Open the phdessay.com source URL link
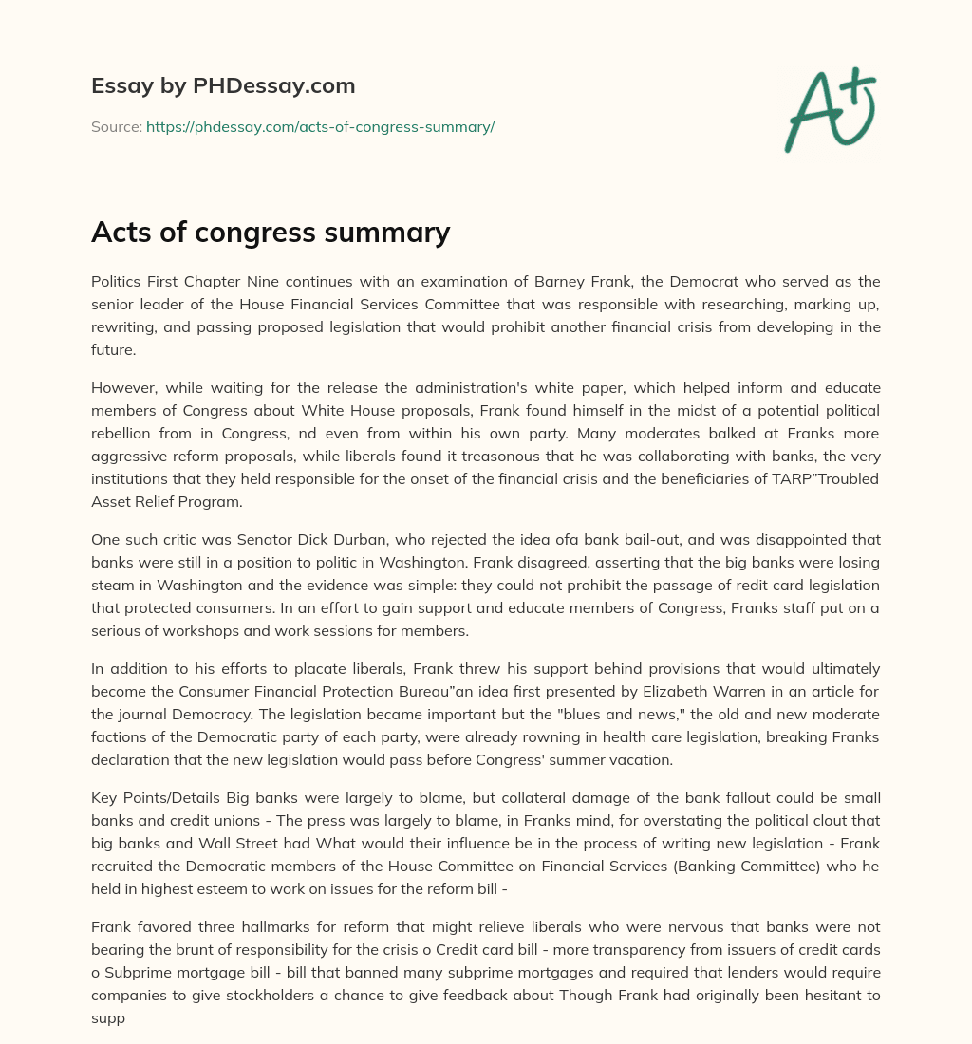point(320,126)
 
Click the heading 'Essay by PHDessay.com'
point(223,86)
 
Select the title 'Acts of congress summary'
point(271,232)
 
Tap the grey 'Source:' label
point(117,126)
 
